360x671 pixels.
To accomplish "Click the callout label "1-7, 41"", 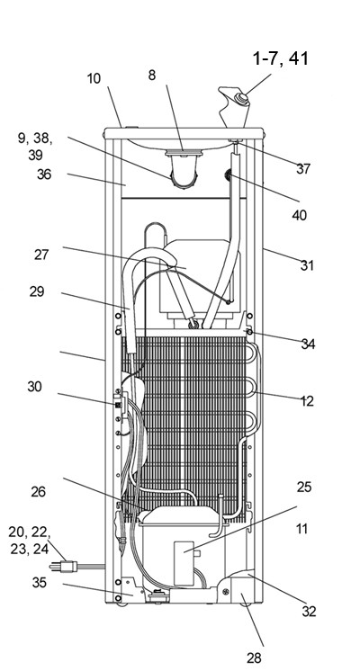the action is tap(281, 58).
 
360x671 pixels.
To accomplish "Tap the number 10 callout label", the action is tap(94, 79).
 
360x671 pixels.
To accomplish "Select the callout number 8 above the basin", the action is tap(152, 76).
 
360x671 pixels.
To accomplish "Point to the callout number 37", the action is tap(303, 168).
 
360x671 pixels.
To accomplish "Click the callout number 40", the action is tap(299, 215).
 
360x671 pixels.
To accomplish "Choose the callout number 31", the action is tap(307, 265).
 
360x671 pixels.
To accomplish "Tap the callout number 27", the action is tap(41, 255).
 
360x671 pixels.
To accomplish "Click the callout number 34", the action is tap(308, 344).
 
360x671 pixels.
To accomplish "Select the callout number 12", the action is tap(307, 401).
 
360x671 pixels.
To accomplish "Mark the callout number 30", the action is tap(35, 387).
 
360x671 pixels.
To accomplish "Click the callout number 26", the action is tap(38, 492).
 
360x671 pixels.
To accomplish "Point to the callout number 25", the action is tap(304, 487).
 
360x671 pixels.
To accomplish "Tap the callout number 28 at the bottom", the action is tap(254, 658).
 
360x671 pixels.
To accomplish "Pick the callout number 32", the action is tap(309, 612).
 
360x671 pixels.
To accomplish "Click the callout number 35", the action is tap(39, 583).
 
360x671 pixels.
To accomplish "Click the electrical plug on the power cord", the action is tap(64, 567).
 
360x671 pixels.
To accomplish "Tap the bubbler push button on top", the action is tap(241, 99).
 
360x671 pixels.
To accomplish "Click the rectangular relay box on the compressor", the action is tap(184, 563).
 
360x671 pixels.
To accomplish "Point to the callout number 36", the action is tap(44, 174).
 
